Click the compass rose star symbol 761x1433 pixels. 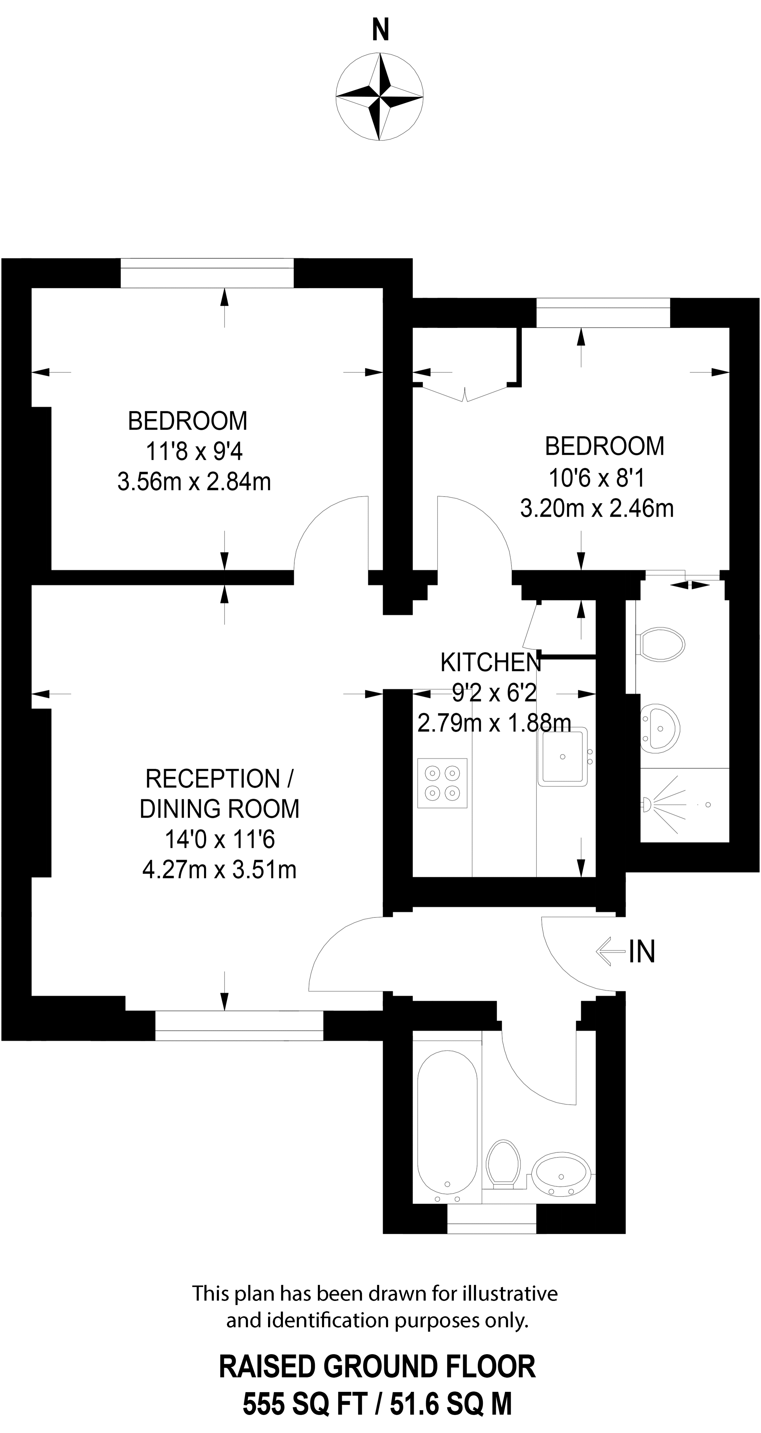pyautogui.click(x=380, y=97)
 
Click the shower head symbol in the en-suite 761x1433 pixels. pyautogui.click(x=648, y=804)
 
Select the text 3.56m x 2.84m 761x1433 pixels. pyautogui.click(x=194, y=482)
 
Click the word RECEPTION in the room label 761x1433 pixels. pyautogui.click(x=212, y=778)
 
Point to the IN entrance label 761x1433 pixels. pyautogui.click(x=642, y=951)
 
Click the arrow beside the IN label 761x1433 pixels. pyautogui.click(x=610, y=951)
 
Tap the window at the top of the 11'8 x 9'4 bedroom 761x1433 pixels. pyautogui.click(x=207, y=273)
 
